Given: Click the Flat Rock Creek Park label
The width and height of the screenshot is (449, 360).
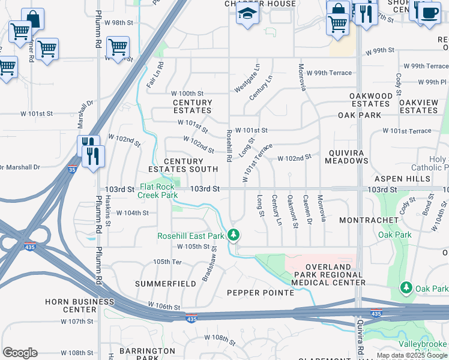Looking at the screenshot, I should [157, 191].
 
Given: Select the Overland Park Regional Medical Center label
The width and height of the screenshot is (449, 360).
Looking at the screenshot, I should [327, 274].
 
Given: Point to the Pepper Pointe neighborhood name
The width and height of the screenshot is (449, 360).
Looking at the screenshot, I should [260, 293].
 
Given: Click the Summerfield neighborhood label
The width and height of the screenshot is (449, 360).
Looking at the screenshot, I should [157, 283].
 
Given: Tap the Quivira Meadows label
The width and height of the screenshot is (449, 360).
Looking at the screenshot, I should [346, 157].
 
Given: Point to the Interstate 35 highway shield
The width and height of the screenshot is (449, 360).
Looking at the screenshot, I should [71, 169].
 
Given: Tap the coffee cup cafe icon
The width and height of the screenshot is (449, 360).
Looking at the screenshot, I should [429, 13].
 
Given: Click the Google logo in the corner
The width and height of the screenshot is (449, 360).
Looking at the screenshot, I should [20, 353].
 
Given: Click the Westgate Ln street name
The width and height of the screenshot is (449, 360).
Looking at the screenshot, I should [247, 79].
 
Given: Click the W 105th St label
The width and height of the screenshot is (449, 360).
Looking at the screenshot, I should [197, 247].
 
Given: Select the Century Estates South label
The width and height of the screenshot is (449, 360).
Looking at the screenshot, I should [183, 166].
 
